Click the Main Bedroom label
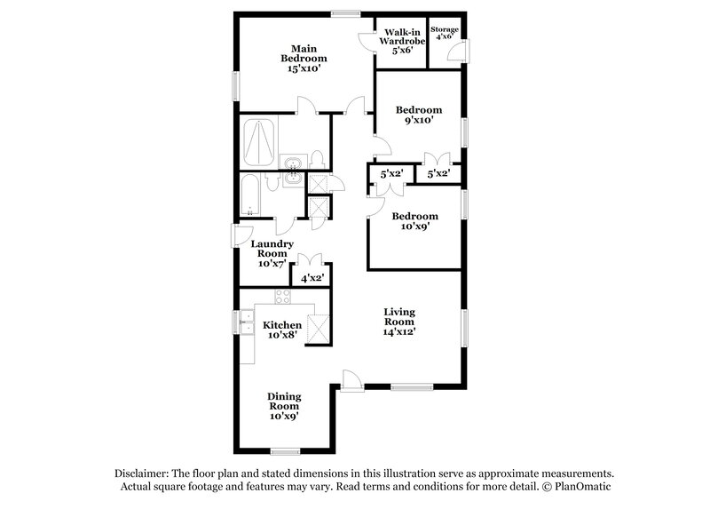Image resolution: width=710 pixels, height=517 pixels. point(297,58)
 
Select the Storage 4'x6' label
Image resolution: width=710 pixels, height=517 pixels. point(445,35)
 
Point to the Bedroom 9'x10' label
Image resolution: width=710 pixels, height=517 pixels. point(418,115)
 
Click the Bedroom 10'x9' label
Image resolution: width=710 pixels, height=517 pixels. point(415,221)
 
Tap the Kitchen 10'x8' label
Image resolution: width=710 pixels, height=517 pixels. point(282,330)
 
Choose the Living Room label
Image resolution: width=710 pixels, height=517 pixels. point(399,321)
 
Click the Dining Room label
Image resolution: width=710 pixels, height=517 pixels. point(284,404)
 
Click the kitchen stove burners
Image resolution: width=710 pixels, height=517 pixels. point(282,298)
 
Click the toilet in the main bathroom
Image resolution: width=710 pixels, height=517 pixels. point(316,161)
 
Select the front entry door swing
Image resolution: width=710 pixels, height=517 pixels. point(351,379)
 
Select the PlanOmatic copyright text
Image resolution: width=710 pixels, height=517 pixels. point(579,488)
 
